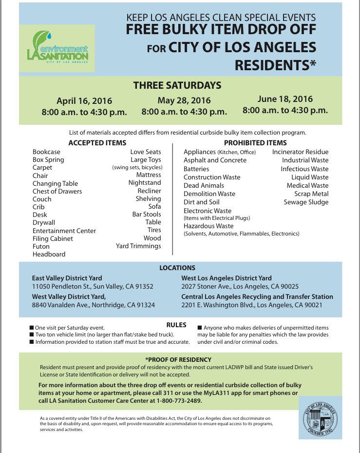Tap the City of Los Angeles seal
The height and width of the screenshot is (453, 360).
[x=320, y=418]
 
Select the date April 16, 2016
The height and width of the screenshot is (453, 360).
[x=84, y=101]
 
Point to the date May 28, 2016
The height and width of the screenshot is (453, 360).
[x=184, y=100]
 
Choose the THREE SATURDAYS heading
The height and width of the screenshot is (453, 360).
[x=177, y=85]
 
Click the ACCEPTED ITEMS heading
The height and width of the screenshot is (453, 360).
[x=97, y=143]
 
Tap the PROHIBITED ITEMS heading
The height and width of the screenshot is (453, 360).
[x=255, y=143]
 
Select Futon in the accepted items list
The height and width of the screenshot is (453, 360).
[x=41, y=246]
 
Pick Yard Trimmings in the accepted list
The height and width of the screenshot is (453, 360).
[x=138, y=246]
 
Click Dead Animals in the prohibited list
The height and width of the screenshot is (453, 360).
[x=204, y=185]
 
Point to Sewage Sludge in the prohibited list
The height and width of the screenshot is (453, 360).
[x=306, y=202]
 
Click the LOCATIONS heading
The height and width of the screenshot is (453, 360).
[x=177, y=268]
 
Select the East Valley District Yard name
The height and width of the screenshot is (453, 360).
[x=67, y=278]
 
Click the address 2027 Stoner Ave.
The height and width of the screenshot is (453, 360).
[x=205, y=286]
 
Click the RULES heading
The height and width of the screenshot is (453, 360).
[x=176, y=325]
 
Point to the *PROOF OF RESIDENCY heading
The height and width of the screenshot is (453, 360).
[x=178, y=359]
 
